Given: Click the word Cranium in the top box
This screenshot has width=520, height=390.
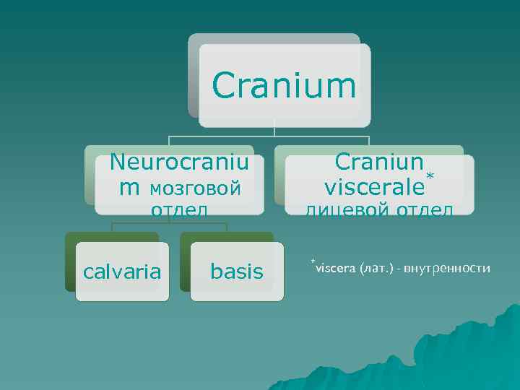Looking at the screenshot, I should (284, 86).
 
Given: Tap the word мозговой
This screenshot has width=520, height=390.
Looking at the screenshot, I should (195, 188).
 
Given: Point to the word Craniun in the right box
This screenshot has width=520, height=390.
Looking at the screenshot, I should (379, 162).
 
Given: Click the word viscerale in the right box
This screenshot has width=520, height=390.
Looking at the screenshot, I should (374, 187).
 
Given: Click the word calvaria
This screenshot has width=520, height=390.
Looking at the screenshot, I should (122, 272).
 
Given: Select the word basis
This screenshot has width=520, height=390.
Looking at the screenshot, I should (236, 272).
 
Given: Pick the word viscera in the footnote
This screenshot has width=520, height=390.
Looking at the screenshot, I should (335, 269).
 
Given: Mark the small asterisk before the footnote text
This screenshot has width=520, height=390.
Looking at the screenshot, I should (313, 259).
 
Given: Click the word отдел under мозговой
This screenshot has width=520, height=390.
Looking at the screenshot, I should (179, 210).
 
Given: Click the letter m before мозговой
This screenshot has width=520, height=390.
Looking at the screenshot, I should (130, 188).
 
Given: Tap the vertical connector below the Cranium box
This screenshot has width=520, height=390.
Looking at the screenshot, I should (275, 131).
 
